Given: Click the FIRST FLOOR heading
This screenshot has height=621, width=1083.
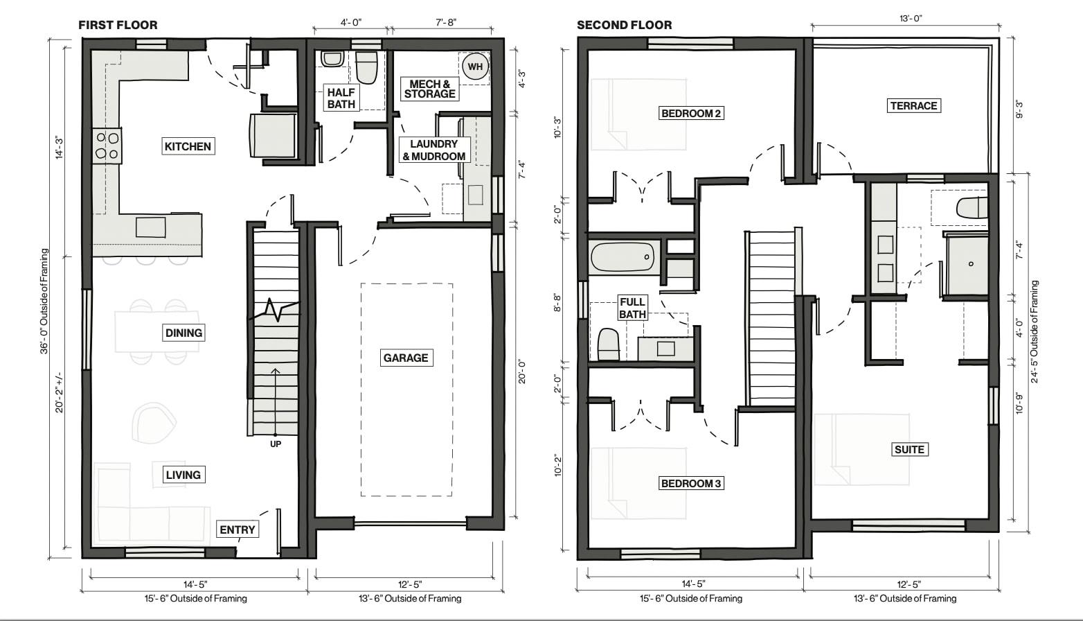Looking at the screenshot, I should [118, 25].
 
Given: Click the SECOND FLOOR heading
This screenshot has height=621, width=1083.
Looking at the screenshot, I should [624, 25].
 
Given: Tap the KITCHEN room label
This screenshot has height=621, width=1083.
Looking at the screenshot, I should [188, 146].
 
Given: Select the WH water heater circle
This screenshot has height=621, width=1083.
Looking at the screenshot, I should [474, 67].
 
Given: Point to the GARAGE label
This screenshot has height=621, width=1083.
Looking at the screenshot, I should [406, 358].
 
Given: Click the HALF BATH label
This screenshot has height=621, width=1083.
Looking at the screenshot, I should [341, 98].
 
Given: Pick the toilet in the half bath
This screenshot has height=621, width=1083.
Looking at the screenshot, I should [366, 67].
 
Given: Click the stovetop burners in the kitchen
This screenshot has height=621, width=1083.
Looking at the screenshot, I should [107, 146].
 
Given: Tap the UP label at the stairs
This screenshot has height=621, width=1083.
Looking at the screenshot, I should [276, 444].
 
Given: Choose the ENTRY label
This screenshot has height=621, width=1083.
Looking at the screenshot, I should [238, 530].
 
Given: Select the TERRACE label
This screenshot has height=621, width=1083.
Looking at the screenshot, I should [913, 105].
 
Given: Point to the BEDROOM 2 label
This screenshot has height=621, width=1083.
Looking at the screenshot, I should [691, 113].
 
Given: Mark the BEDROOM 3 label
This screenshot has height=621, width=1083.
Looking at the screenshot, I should [691, 483].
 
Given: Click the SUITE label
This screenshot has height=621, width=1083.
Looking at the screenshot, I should [909, 449].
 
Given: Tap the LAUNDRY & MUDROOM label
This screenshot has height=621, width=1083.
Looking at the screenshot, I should [434, 150].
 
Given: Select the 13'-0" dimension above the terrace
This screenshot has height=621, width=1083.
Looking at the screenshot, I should [911, 19].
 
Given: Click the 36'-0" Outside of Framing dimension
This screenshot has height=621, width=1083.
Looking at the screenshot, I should [45, 301].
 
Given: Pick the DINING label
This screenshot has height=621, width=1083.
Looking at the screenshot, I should [184, 333].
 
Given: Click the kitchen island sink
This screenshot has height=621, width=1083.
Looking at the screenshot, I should [150, 227].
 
